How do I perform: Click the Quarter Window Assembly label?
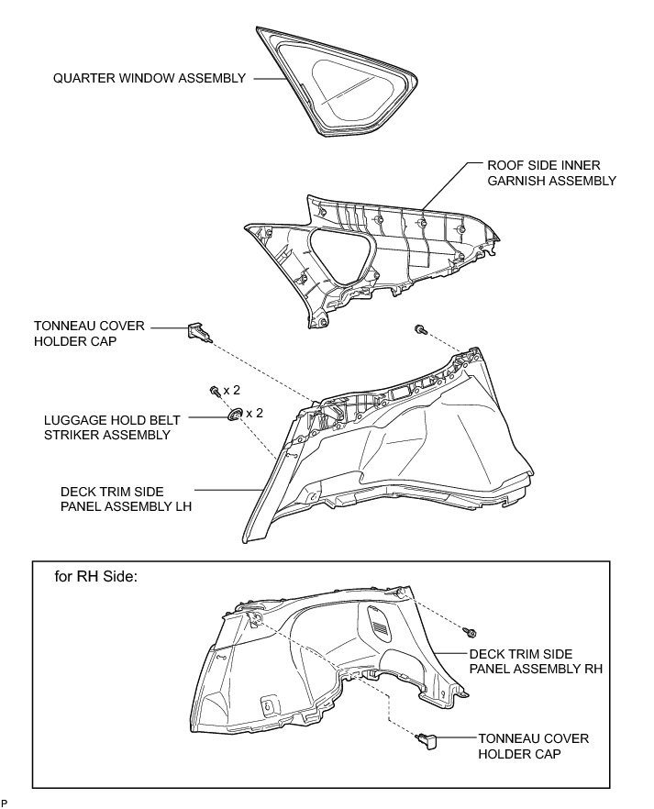tap(150, 79)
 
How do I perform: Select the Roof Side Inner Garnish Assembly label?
tap(551, 173)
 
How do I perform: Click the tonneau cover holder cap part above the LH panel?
tap(200, 332)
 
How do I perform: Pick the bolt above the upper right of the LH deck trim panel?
tap(419, 329)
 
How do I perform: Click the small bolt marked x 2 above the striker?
tap(215, 392)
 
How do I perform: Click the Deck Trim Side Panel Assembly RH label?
tap(536, 661)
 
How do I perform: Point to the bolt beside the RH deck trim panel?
tap(471, 632)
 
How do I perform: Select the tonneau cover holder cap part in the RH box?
tap(428, 738)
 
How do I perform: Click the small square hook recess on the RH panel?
tap(270, 704)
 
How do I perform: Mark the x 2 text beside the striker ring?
tap(254, 413)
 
